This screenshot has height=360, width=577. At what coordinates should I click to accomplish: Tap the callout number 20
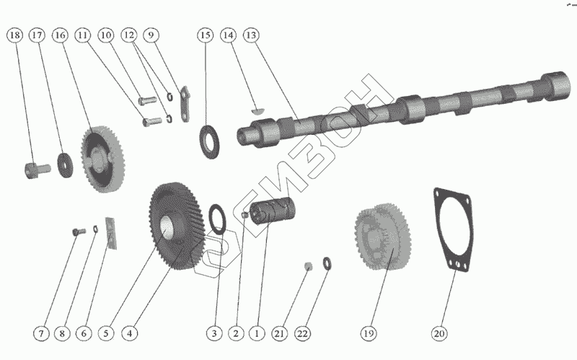pos(439,333)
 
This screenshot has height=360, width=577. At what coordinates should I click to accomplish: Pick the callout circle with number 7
pos(41,333)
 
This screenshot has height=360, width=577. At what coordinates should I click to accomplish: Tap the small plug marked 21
pos(307,265)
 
